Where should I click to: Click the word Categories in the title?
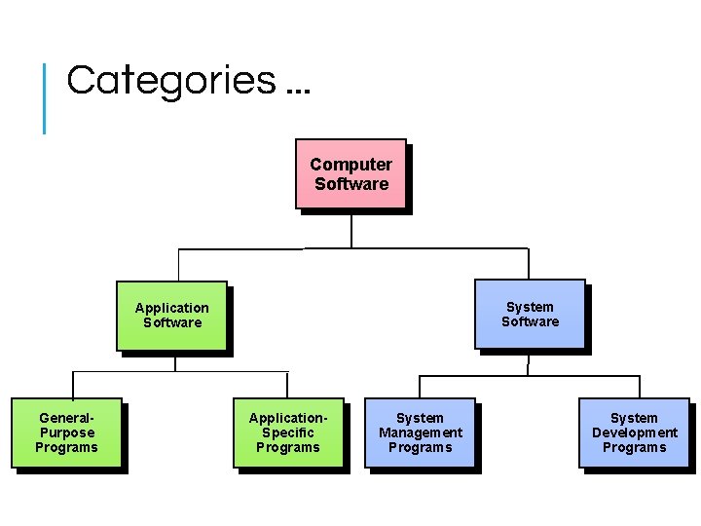(170, 80)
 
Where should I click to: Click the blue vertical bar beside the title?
(45, 97)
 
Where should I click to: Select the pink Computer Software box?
(350, 173)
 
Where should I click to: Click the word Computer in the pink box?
(350, 165)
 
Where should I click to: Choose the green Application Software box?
(171, 316)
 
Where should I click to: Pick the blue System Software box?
(530, 314)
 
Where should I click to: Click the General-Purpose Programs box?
(66, 432)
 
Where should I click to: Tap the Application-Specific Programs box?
(288, 432)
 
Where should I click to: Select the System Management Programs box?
(420, 432)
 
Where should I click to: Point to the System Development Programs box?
(634, 432)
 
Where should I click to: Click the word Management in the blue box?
(421, 432)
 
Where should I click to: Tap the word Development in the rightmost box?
(635, 432)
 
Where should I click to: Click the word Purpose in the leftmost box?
(67, 432)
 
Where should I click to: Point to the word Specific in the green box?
(288, 432)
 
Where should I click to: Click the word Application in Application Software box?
(171, 308)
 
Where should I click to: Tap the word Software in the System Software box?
(531, 321)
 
